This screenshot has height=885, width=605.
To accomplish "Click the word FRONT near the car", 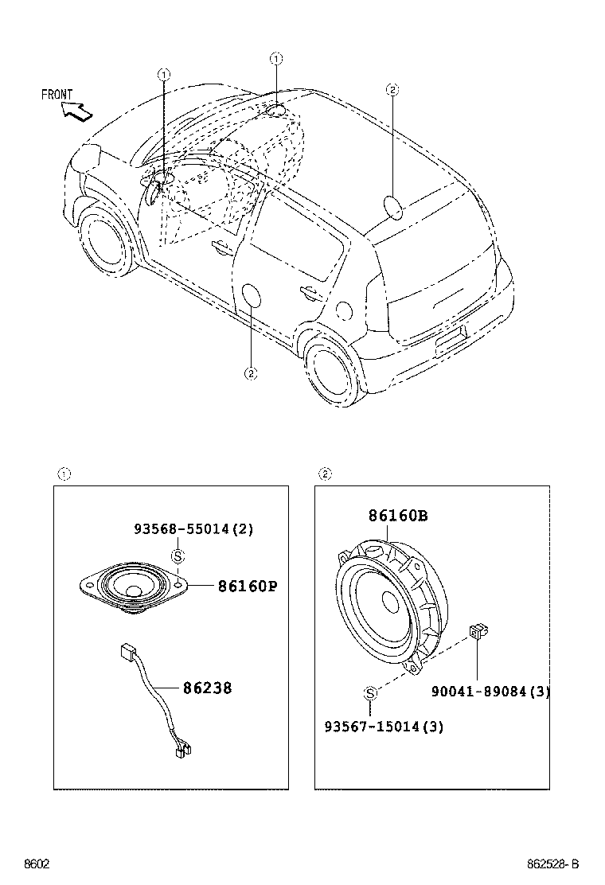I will point(57,95).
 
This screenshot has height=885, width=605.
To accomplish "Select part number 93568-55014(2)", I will point(193,529).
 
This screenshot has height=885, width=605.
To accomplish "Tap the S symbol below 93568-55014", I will point(178,556).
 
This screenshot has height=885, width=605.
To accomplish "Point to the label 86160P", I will point(248,587).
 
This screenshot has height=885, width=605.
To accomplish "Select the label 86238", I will point(207,688).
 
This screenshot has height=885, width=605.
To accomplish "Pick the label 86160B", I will point(397,516).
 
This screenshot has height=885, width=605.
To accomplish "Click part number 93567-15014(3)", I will point(384,727).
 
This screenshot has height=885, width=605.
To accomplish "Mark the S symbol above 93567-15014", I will point(370,694).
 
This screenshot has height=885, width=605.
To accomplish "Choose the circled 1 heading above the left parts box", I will point(64,475).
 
